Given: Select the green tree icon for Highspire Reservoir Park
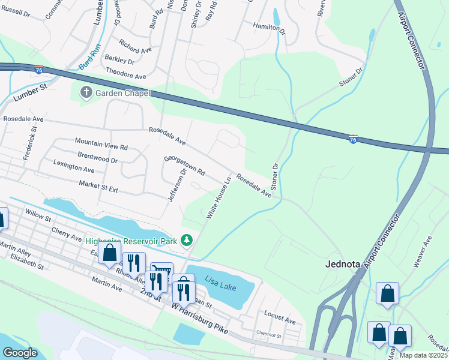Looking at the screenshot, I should tap(187, 240).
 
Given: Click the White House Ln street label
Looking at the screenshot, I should tap(219, 197).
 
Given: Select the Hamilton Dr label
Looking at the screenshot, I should tap(267, 28).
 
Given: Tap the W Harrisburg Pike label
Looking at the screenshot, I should tap(200, 317).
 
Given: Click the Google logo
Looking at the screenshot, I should tap(20, 352).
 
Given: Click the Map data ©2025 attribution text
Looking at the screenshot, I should tap(423, 355).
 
